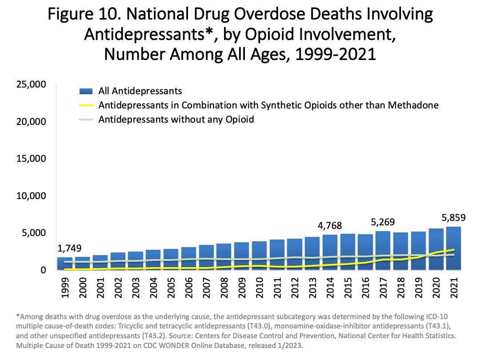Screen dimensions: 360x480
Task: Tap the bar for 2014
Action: (330, 252)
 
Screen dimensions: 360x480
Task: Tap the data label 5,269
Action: (383, 222)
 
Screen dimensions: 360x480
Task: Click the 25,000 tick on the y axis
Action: (31, 84)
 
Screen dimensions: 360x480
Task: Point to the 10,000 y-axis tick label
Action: (31, 196)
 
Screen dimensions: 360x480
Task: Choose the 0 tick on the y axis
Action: (43, 270)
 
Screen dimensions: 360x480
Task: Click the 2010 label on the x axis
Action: (260, 290)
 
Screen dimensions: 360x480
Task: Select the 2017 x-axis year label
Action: (383, 290)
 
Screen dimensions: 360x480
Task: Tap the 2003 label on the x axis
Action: (136, 290)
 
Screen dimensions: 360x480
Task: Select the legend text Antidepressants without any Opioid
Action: (176, 120)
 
